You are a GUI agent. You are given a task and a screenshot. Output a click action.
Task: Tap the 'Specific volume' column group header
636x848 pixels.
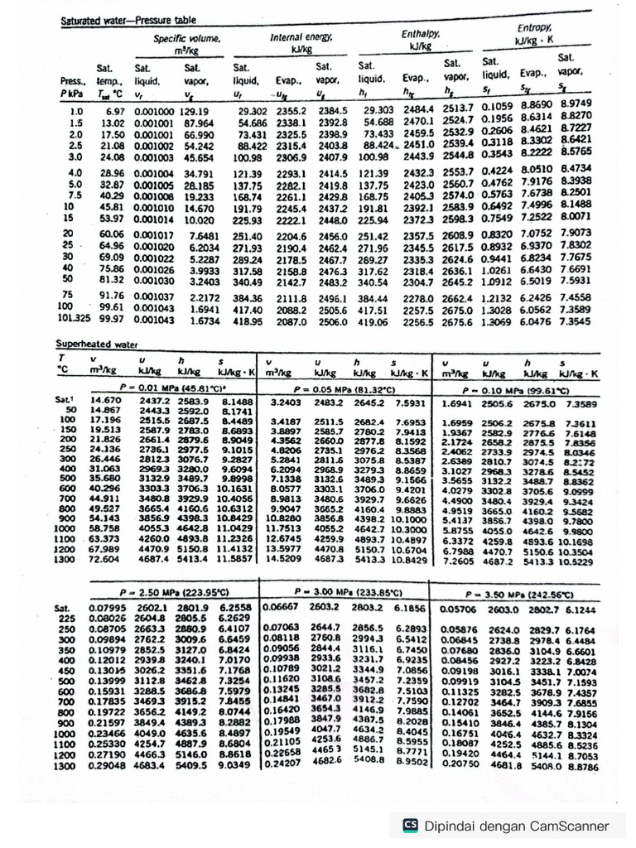[x=188, y=44]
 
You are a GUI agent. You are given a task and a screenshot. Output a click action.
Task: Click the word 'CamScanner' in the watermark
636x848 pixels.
[x=569, y=826]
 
